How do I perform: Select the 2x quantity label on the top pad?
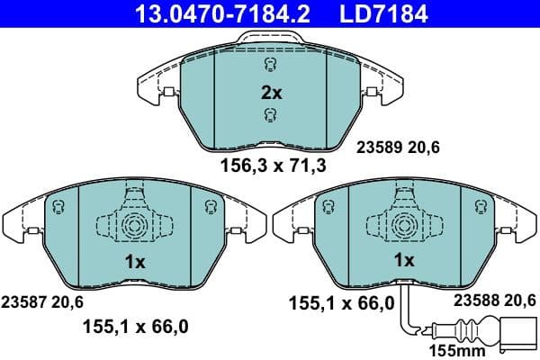pyautogui.click(x=272, y=92)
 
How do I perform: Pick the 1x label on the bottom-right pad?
pyautogui.click(x=405, y=260)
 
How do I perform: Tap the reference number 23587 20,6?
pyautogui.click(x=43, y=301)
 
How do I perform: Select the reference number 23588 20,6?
pyautogui.click(x=495, y=301)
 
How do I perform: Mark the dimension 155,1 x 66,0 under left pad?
pyautogui.click(x=137, y=328)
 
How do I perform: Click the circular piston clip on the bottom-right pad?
pyautogui.click(x=404, y=225)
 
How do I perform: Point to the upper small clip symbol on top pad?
pyautogui.click(x=271, y=65)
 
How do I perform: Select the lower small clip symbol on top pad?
pyautogui.click(x=271, y=115)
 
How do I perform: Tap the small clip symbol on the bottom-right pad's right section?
pyautogui.click(x=483, y=207)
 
